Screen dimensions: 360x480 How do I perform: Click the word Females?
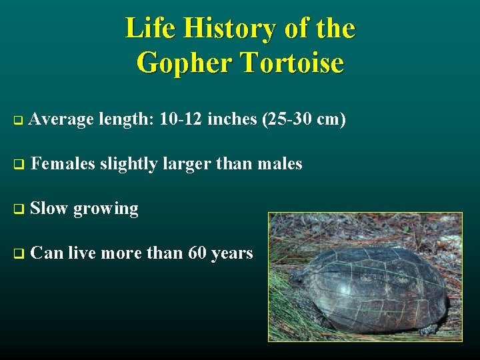[63, 163]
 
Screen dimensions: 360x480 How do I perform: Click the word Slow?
[49, 208]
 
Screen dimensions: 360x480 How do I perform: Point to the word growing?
[106, 209]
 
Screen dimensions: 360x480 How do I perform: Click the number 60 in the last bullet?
[197, 253]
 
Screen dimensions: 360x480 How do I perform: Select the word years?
[232, 254]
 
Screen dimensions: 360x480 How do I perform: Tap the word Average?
[61, 119]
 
